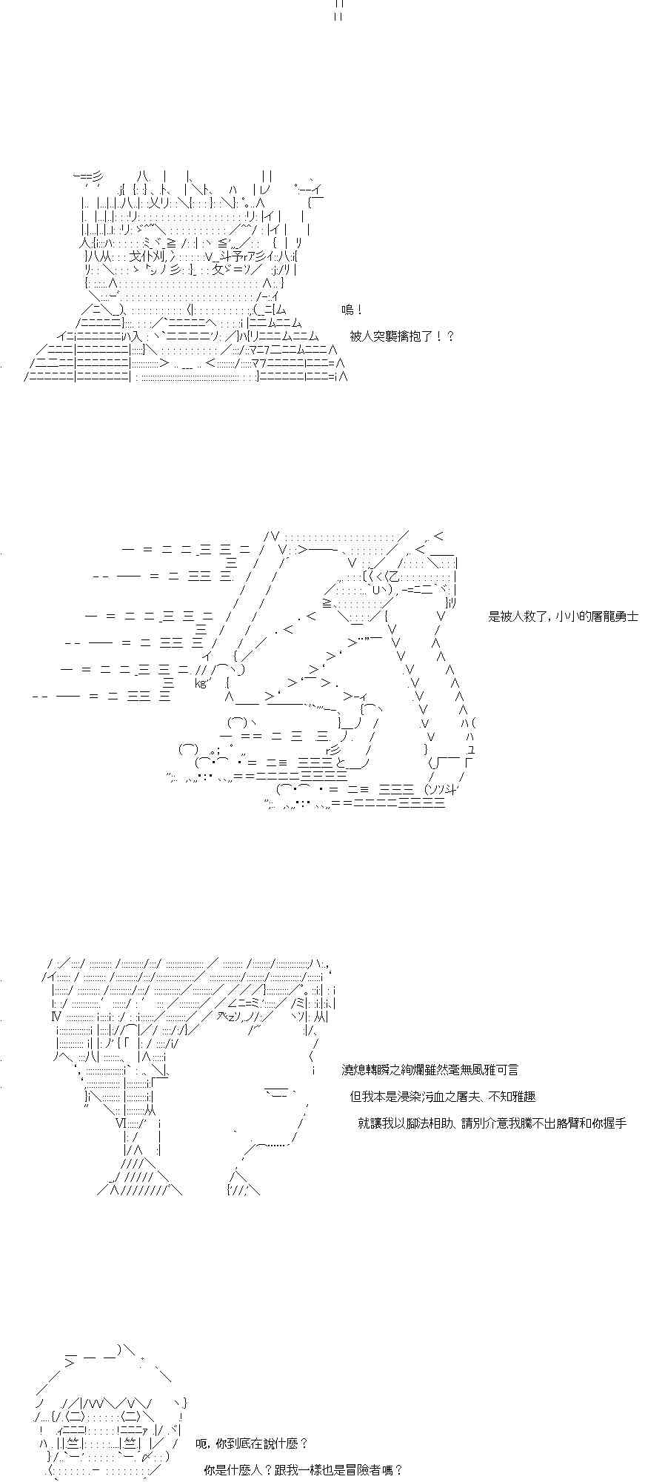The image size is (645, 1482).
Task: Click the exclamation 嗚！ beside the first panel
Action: pyautogui.click(x=352, y=310)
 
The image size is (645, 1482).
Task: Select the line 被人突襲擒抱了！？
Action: pyautogui.click(x=402, y=336)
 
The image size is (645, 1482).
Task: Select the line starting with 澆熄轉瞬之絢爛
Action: pyautogui.click(x=430, y=1070)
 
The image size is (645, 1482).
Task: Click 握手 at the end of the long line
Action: pyautogui.click(x=615, y=1123)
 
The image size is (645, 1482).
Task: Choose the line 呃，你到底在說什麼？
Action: pyautogui.click(x=252, y=1443)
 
